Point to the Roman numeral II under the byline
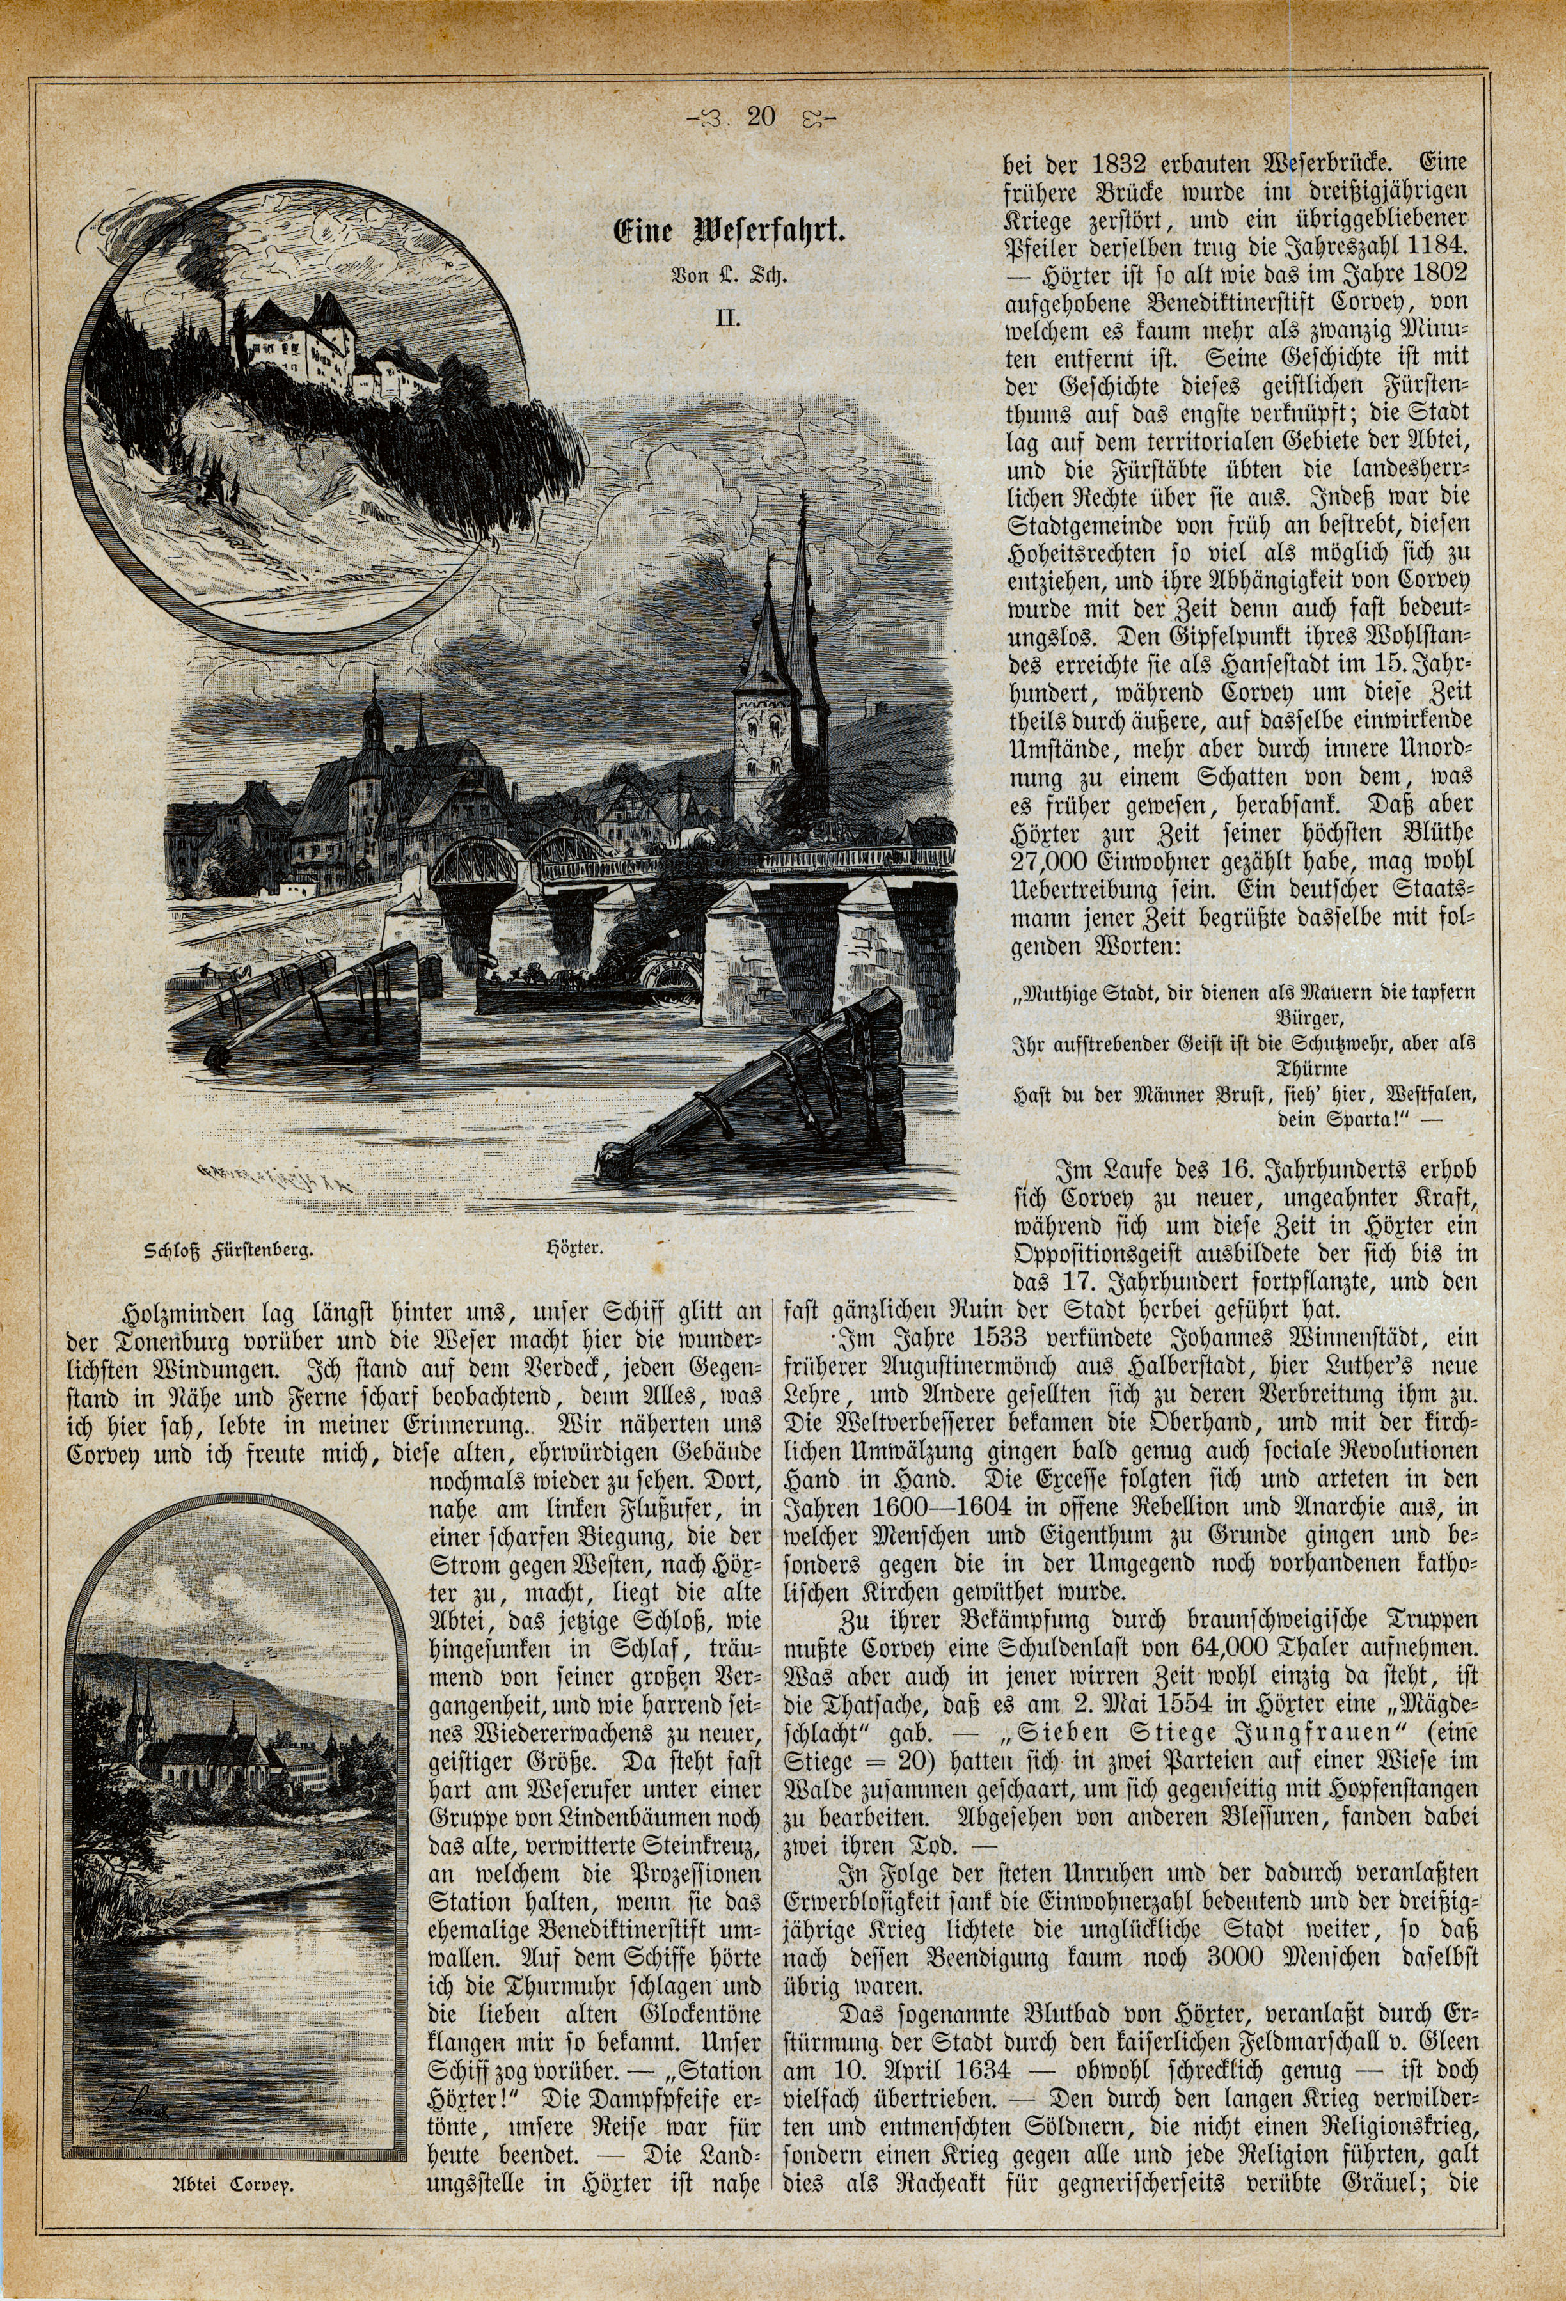coord(729,318)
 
